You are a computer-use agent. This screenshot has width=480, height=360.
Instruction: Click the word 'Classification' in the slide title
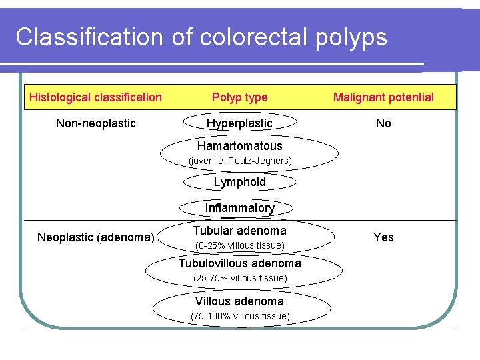[x=89, y=37]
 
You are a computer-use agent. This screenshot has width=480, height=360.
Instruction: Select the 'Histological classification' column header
[x=95, y=97]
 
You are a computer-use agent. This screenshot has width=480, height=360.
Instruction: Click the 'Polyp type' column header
[x=239, y=97]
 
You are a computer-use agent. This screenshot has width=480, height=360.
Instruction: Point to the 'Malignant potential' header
[x=383, y=97]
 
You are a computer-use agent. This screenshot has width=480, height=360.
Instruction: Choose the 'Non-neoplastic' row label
[x=95, y=123]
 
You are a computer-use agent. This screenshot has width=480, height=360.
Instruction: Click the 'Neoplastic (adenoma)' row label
[x=96, y=237]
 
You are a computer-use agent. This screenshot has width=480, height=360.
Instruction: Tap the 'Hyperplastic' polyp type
[x=239, y=123]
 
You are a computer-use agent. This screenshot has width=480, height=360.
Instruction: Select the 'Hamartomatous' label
[x=239, y=146]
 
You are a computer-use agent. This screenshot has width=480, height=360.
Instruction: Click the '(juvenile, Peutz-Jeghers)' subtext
[x=239, y=161]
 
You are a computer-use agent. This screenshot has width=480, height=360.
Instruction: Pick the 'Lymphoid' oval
[x=239, y=182]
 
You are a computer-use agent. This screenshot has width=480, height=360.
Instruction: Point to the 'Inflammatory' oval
[x=239, y=208]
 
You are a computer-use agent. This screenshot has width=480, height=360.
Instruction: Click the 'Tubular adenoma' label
[x=239, y=231]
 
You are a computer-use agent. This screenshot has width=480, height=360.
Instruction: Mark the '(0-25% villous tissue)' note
[x=239, y=246]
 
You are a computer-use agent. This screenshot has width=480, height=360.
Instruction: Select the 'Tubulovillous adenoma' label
[x=239, y=263]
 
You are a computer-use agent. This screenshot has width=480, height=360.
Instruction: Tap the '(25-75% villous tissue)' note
[x=239, y=278]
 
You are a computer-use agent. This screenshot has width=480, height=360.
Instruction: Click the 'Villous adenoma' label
[x=239, y=301]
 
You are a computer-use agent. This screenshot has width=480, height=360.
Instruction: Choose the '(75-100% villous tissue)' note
[x=240, y=316]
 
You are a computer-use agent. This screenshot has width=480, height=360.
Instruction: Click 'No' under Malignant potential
[x=383, y=123]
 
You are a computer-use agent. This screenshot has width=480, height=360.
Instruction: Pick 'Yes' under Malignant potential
[x=383, y=237]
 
